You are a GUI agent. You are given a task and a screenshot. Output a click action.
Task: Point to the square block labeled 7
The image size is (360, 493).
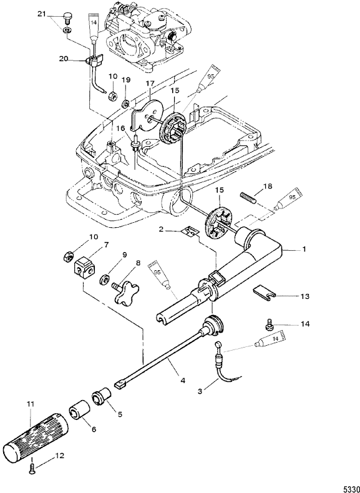[x=85, y=267]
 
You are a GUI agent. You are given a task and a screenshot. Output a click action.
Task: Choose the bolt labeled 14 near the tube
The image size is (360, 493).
[x=268, y=326]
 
